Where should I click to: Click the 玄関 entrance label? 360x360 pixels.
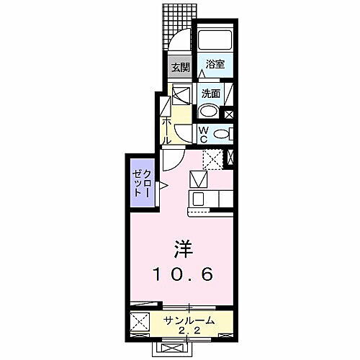pyautogui.click(x=179, y=68)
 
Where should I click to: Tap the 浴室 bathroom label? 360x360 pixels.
pyautogui.click(x=213, y=64)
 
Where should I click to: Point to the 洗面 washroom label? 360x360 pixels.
pyautogui.click(x=210, y=93)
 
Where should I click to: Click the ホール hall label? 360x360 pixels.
pyautogui.click(x=167, y=130)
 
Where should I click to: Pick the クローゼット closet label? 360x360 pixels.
pyautogui.click(x=142, y=186)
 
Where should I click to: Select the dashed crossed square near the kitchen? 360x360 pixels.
pyautogui.click(x=212, y=158)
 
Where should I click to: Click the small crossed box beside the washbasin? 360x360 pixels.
pyautogui.click(x=229, y=112)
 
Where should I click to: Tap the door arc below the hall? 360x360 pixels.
pyautogui.click(x=173, y=159)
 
